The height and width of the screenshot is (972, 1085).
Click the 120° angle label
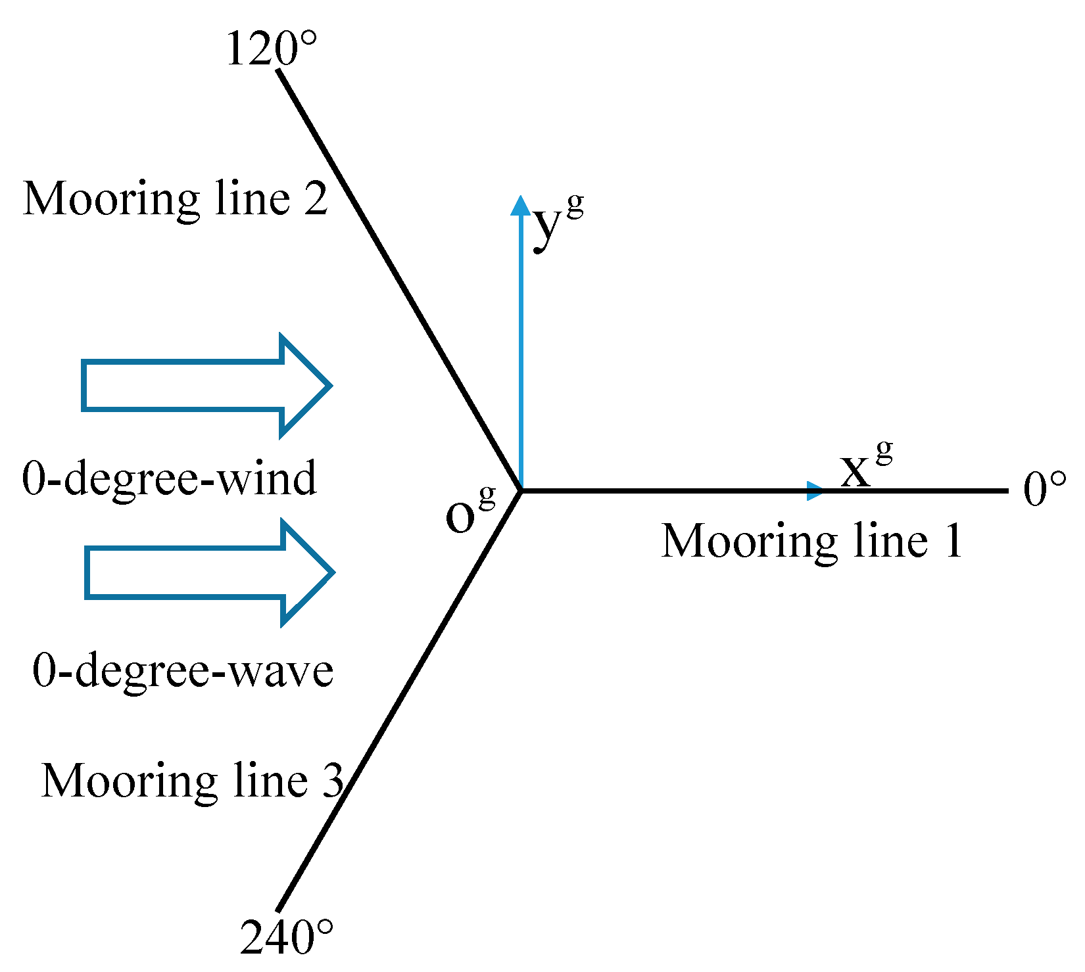pos(271,50)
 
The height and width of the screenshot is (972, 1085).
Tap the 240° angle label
pos(287,938)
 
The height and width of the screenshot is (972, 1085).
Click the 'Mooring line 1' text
pos(811,542)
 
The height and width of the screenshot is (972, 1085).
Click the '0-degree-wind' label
pos(170,478)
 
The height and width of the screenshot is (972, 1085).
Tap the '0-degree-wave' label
pos(183,671)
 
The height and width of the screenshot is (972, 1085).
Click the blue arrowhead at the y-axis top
pos(521,205)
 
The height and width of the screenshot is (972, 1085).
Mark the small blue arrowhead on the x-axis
pos(815,490)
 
